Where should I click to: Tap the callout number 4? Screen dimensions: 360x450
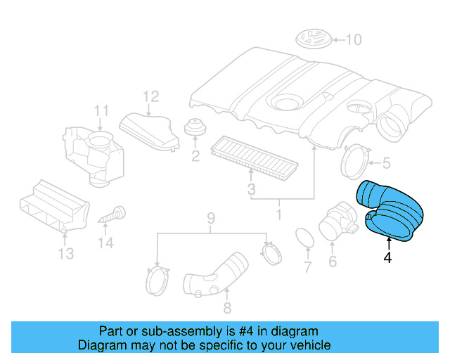tap(387, 258)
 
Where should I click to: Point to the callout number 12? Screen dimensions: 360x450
tap(151, 96)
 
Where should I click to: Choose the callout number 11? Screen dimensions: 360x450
tap(102, 110)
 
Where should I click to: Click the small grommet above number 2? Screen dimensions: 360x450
tap(195, 129)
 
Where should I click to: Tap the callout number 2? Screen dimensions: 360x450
tap(195, 154)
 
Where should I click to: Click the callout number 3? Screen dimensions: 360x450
tap(251, 189)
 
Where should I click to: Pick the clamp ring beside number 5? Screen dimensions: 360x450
tap(354, 160)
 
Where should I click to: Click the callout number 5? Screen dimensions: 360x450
tap(385, 164)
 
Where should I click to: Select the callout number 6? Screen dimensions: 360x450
tap(332, 263)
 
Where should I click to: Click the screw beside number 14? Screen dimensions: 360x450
tap(112, 214)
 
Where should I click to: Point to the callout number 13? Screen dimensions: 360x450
tap(65, 254)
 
